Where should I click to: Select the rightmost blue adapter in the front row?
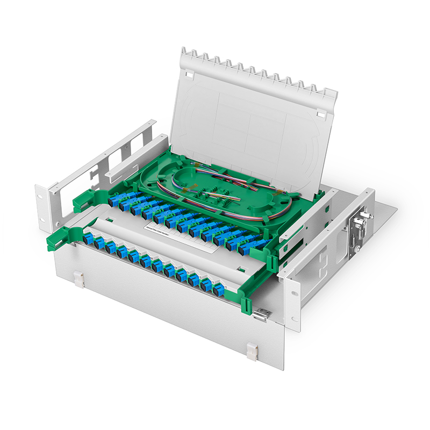coord(219,290)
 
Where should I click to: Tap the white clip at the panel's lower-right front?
coord(252,352)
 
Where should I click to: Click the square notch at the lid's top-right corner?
coord(321,113)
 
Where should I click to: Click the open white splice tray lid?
coord(253,124)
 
